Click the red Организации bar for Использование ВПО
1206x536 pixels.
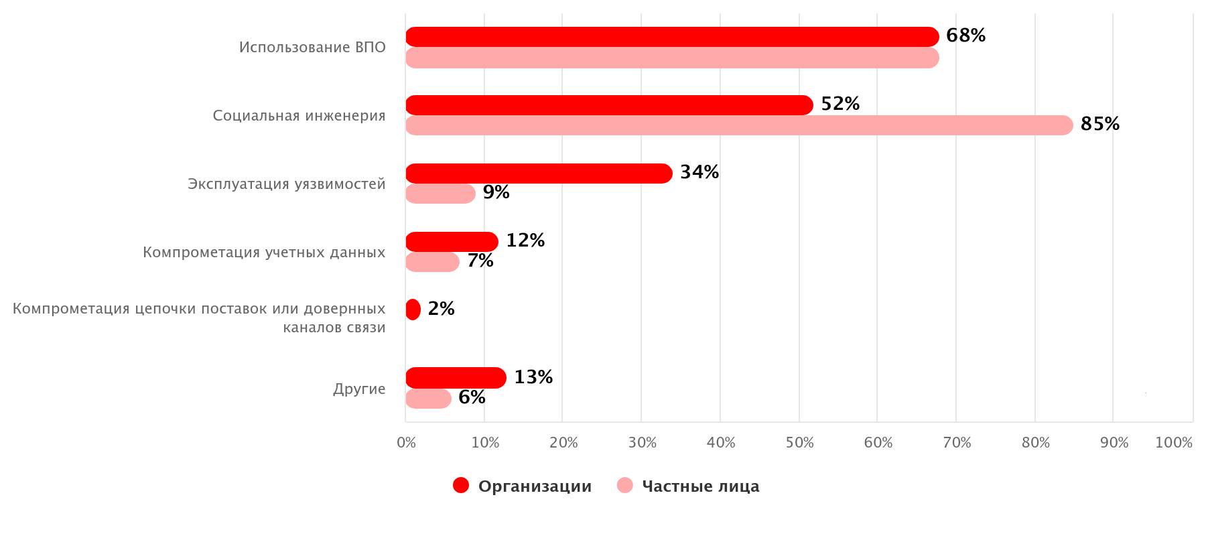click(672, 37)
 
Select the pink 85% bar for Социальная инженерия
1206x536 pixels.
click(739, 125)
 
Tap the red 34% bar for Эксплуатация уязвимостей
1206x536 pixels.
click(539, 174)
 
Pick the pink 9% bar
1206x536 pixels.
click(440, 194)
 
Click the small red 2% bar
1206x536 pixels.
click(413, 310)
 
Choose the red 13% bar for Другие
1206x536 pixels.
click(456, 378)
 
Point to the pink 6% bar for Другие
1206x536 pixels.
click(428, 399)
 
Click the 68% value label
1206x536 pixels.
click(965, 36)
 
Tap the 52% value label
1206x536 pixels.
click(840, 104)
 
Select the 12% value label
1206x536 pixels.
click(525, 241)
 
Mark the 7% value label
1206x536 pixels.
click(480, 261)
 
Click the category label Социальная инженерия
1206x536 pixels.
click(299, 116)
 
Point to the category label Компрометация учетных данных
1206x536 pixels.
click(264, 253)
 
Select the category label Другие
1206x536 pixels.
click(359, 389)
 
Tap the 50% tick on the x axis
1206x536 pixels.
click(799, 443)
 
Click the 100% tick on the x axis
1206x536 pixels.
click(1174, 443)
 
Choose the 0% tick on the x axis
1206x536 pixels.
click(407, 443)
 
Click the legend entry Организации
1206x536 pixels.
click(535, 486)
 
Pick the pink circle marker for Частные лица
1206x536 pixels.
click(624, 486)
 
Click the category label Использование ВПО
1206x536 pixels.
click(312, 48)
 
